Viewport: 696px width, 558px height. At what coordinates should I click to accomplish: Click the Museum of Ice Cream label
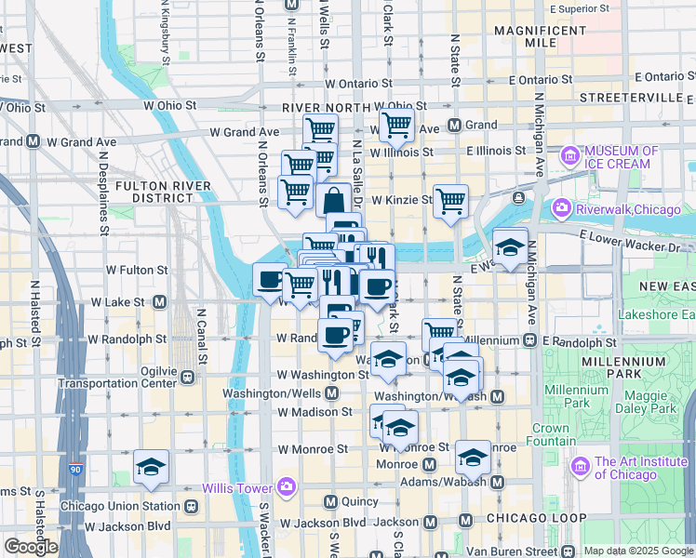point(622,157)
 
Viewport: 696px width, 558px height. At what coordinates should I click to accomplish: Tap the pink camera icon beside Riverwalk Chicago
point(561,207)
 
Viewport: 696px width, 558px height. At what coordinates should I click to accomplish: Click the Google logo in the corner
point(31,546)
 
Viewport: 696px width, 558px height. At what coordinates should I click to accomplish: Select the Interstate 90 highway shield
point(74,463)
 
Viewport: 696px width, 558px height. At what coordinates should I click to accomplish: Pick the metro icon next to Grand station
point(455,126)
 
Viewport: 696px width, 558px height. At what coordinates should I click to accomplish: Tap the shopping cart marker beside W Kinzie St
point(450,200)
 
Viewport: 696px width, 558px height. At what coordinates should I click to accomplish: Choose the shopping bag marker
point(333,199)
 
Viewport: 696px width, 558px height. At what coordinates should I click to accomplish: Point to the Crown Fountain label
point(551,434)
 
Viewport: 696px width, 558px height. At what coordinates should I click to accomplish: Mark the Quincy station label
point(355,502)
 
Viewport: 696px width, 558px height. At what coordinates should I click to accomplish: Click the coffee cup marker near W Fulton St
point(271,279)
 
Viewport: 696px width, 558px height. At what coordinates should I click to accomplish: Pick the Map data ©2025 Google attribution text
point(638,551)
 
